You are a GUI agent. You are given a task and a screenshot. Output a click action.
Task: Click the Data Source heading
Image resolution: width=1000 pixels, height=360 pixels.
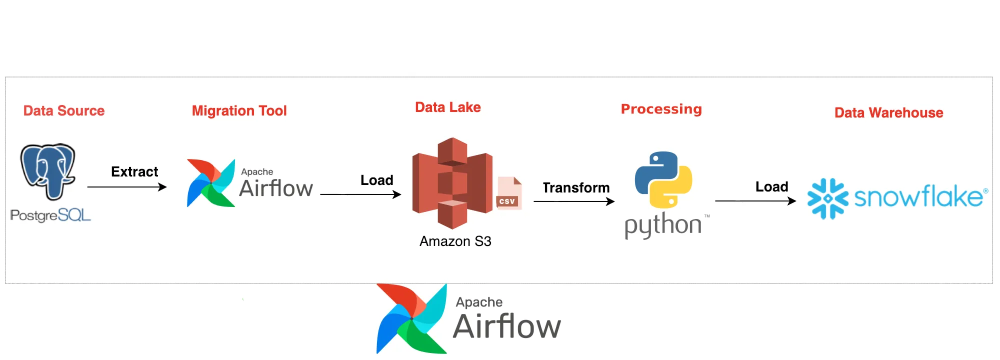pos(64,110)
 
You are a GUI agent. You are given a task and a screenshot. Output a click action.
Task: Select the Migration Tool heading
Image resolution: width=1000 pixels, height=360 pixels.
pos(239,110)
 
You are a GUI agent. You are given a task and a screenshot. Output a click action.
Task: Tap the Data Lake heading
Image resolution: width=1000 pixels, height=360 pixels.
pos(447,107)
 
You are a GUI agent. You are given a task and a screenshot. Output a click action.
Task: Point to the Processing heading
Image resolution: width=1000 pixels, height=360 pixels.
pos(661,109)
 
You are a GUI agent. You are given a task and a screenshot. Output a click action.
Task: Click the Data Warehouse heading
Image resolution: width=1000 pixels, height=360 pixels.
pos(888,112)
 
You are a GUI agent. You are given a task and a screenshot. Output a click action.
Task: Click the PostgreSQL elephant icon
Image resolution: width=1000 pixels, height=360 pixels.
pos(48,170)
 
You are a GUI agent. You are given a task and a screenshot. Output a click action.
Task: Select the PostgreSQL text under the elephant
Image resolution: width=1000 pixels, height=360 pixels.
pos(50,215)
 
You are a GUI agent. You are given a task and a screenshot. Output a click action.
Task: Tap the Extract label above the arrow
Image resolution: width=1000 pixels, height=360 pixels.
pos(134,171)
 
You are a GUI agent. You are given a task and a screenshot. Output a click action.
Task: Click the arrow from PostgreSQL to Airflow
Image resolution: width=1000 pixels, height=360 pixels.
pos(127,187)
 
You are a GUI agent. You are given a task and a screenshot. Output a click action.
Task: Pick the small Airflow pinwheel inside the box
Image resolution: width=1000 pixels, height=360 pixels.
pos(210,183)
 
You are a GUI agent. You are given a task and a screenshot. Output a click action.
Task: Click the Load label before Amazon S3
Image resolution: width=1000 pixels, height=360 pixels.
pos(376,180)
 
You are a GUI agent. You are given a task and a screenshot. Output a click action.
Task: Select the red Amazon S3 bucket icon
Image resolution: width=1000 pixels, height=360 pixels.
pos(452,183)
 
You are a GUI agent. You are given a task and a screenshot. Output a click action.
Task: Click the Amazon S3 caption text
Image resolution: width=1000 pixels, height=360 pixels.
pos(455,241)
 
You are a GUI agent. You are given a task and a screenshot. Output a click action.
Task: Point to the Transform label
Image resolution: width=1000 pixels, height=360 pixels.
pos(576,187)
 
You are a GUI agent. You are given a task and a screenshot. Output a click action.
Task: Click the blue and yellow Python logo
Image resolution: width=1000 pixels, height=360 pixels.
pos(663,180)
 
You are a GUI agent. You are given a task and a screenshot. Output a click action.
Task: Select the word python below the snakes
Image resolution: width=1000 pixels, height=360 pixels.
pos(663,225)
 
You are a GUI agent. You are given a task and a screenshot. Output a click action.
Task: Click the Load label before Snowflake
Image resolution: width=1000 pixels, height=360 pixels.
pos(771,186)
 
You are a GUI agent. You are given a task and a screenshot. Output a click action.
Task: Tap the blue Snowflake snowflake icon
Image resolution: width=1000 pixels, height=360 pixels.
pos(827,198)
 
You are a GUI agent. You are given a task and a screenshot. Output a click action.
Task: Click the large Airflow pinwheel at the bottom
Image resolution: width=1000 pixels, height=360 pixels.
pos(411,318)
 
